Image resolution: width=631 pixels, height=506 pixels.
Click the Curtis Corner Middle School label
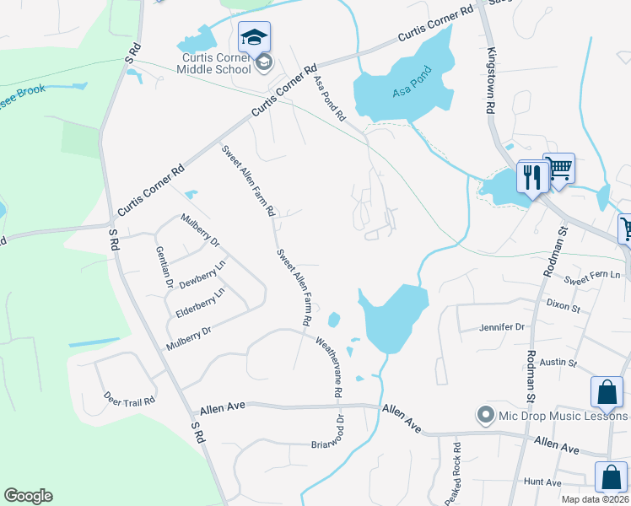pyautogui.click(x=216, y=62)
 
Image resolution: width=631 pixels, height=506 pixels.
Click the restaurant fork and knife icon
pyautogui.click(x=531, y=176)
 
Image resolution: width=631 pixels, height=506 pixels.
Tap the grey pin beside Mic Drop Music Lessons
pyautogui.click(x=485, y=416)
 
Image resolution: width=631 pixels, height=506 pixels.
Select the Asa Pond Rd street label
pyautogui.click(x=330, y=98)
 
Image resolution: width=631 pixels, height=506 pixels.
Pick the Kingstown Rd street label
pyautogui.click(x=488, y=81)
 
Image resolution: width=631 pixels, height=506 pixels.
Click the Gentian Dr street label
pyautogui.click(x=164, y=267)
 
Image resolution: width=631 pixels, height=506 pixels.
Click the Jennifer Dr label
pyautogui.click(x=502, y=326)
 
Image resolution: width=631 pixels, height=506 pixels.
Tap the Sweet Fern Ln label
pyautogui.click(x=592, y=276)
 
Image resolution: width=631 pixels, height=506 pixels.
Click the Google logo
pyautogui.click(x=28, y=495)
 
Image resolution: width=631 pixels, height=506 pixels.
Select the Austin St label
pyautogui.click(x=558, y=363)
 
